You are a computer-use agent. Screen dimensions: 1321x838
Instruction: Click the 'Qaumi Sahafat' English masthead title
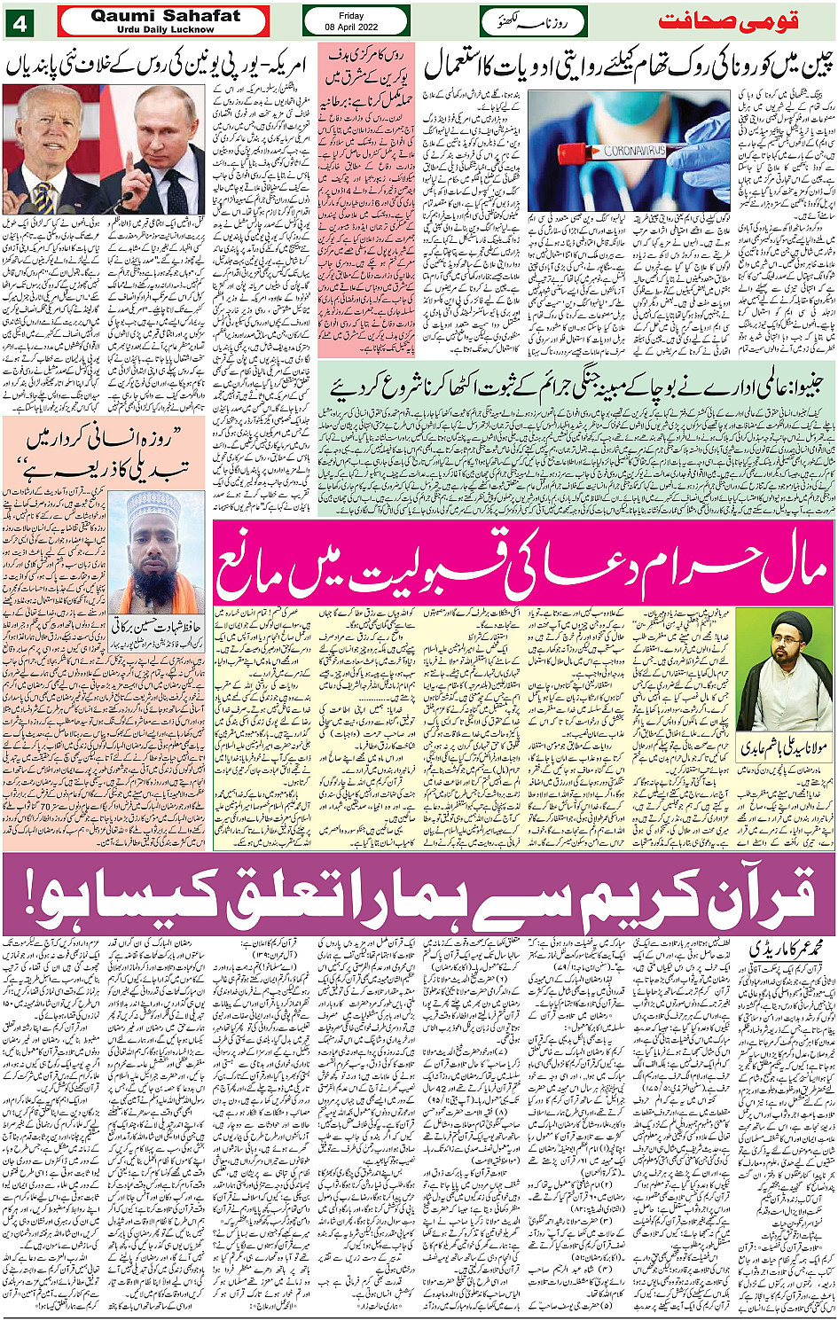coord(165,16)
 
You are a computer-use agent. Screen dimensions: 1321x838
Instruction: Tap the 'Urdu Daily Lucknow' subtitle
coord(165,29)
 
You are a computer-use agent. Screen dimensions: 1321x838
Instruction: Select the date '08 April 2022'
coord(356,27)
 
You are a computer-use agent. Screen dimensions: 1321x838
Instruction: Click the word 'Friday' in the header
coord(356,15)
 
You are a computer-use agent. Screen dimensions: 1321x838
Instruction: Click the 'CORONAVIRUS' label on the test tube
coord(635,151)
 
